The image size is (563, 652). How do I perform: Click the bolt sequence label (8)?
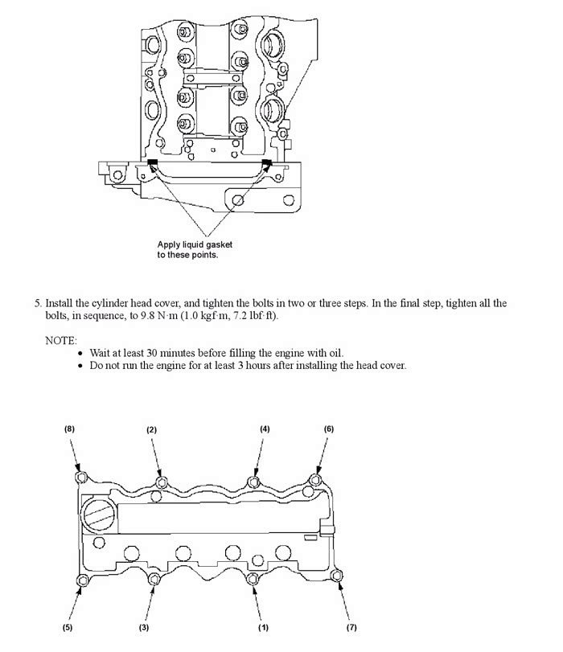point(69,429)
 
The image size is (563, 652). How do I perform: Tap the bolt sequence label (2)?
point(151,429)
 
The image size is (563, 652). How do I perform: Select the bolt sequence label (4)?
point(265,429)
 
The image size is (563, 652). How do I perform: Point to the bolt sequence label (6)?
point(329,429)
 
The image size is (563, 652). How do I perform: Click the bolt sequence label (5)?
point(68,627)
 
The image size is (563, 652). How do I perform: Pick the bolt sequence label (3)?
point(143,627)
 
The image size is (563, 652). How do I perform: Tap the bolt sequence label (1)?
point(263,627)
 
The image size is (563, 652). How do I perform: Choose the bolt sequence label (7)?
point(351,627)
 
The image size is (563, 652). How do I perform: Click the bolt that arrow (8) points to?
point(81,477)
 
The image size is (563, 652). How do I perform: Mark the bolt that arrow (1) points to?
point(253,578)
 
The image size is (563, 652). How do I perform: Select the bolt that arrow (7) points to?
point(336,576)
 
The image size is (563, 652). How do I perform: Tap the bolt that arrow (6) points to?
point(316,480)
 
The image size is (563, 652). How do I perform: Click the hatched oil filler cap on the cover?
point(100,515)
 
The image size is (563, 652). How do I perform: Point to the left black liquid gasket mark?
point(152,162)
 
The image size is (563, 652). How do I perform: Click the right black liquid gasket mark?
point(266,162)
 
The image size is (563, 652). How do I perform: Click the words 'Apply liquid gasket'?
point(195,244)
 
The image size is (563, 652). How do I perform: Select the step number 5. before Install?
point(39,303)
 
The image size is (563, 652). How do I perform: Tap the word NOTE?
point(61,341)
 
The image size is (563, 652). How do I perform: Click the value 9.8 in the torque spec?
point(148,316)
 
